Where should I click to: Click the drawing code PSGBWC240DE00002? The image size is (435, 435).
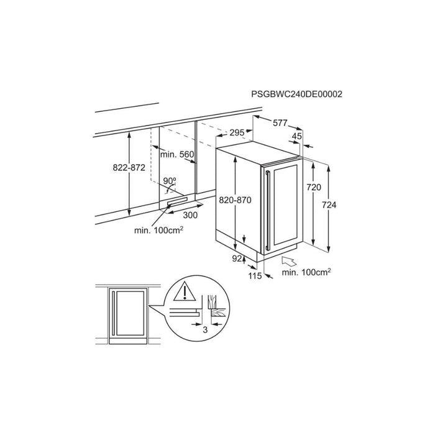pyautogui.click(x=296, y=94)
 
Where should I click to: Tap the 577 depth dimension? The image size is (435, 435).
pyautogui.click(x=280, y=122)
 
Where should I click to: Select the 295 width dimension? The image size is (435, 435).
pyautogui.click(x=237, y=132)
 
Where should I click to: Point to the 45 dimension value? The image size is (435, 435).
pyautogui.click(x=296, y=136)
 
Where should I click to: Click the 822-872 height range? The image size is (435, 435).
pyautogui.click(x=129, y=168)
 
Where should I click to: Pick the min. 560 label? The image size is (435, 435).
pyautogui.click(x=177, y=154)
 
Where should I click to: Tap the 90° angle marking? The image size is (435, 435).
pyautogui.click(x=170, y=181)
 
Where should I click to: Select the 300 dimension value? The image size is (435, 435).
pyautogui.click(x=190, y=215)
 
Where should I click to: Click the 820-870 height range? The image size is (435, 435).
pyautogui.click(x=235, y=199)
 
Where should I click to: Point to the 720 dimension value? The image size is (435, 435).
pyautogui.click(x=313, y=188)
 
